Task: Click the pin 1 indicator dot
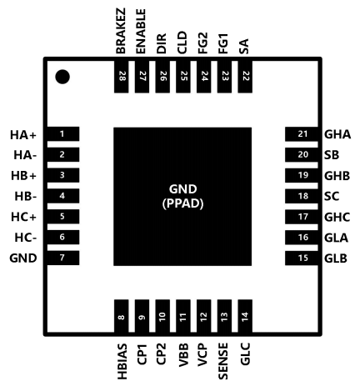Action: coord(62,77)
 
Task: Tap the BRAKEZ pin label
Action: coord(121,31)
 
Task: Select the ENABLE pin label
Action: coord(141,31)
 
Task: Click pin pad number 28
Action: coord(122,77)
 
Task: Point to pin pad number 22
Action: coord(245,77)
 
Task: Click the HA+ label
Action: coord(23,135)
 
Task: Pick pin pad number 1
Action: coord(63,134)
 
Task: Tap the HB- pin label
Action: coord(26,197)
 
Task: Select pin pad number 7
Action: coord(63,258)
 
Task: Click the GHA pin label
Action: coord(337,134)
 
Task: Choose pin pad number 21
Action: coord(302,134)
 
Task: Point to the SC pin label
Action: coord(332,197)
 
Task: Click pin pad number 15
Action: coord(302,258)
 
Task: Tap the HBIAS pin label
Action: coord(122,361)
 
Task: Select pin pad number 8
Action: coord(122,316)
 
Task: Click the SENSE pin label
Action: coord(223,361)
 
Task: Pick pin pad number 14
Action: coord(245,316)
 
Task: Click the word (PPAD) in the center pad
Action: coord(182,203)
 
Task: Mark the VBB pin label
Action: coord(183,355)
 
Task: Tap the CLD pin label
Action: coord(182,43)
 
